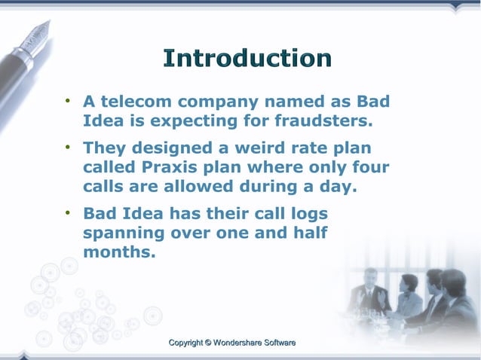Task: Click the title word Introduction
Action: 247,59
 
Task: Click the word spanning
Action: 124,233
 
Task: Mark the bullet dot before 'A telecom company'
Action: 68,101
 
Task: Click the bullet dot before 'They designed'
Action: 68,148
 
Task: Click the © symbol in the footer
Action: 209,343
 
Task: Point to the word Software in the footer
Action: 277,343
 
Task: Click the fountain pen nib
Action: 37,34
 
